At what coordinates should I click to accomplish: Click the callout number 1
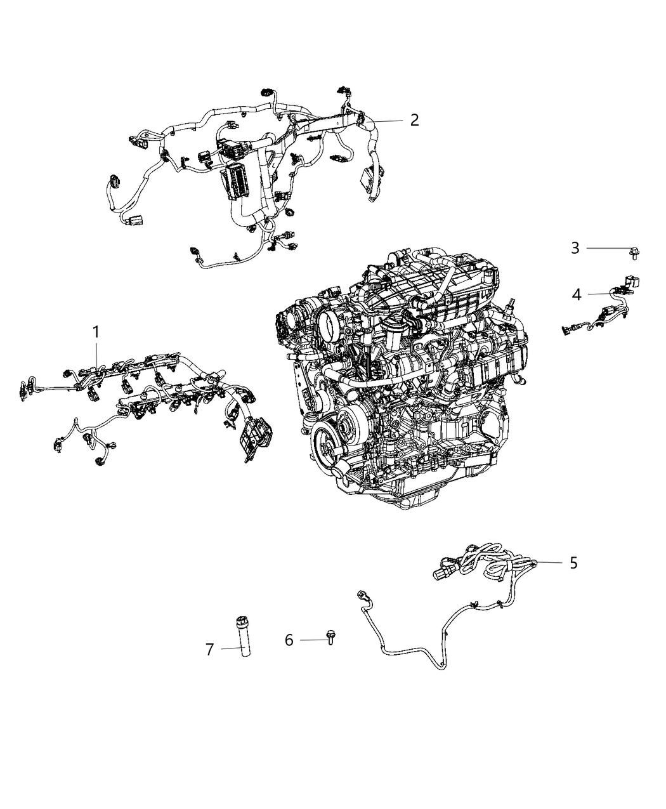[x=96, y=331]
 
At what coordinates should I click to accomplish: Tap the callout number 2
[x=414, y=120]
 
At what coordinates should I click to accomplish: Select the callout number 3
[x=575, y=248]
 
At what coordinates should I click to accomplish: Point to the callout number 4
[x=576, y=294]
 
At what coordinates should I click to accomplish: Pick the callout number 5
[x=573, y=563]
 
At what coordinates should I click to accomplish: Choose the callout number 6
[x=289, y=640]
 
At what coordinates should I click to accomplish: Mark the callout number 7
[x=210, y=648]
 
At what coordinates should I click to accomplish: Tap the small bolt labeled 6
[x=330, y=636]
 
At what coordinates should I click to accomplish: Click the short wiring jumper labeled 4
[x=603, y=311]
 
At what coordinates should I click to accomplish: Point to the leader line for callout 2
[x=387, y=120]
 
